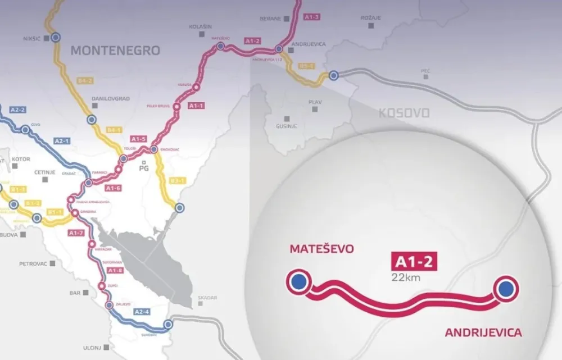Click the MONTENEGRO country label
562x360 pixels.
pyautogui.click(x=115, y=50)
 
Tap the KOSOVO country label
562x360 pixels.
pyautogui.click(x=404, y=113)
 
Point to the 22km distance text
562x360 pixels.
pyautogui.click(x=407, y=276)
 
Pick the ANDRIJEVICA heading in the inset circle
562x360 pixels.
pyautogui.click(x=483, y=333)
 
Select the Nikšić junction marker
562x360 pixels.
pyautogui.click(x=55, y=38)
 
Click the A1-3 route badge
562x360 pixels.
pyautogui.click(x=311, y=17)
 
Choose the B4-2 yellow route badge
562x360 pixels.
pyautogui.click(x=85, y=81)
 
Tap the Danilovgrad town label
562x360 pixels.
pyautogui.click(x=110, y=99)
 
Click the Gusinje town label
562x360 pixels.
pyautogui.click(x=287, y=127)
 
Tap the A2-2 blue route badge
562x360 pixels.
pyautogui.click(x=18, y=110)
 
